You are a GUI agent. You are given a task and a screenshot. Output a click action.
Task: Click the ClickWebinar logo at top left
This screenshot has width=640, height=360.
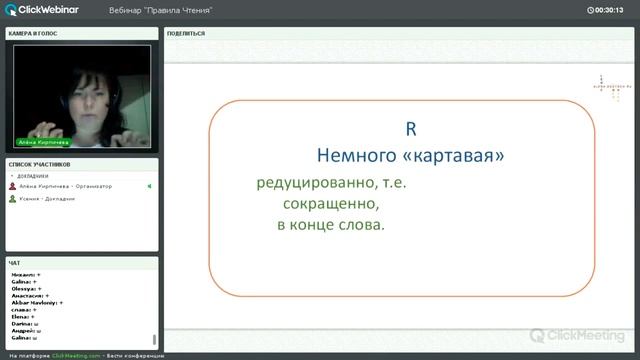click(44, 9)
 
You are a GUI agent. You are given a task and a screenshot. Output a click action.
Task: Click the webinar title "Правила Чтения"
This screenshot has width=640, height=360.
click(160, 10)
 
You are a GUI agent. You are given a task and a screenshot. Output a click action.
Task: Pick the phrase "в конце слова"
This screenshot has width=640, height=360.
click(331, 225)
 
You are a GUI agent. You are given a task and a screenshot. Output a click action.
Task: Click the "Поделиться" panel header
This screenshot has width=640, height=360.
click(187, 33)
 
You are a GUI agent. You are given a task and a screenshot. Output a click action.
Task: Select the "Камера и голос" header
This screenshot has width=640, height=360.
click(34, 33)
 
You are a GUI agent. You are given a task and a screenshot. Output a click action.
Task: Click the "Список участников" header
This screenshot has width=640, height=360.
click(40, 163)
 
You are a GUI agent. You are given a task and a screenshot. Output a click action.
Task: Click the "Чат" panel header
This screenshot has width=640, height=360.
click(15, 263)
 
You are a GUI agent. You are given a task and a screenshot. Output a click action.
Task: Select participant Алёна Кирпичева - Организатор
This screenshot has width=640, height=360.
click(66, 186)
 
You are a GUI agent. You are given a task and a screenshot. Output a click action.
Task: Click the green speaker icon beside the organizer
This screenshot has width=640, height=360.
click(149, 186)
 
